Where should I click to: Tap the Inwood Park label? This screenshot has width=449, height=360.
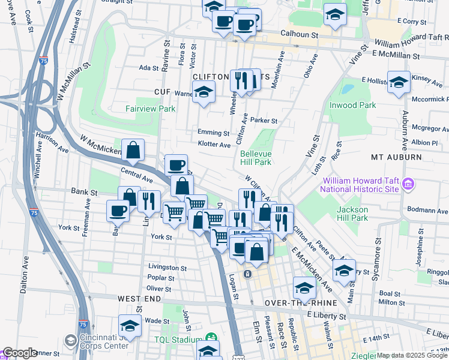click(x=353, y=105)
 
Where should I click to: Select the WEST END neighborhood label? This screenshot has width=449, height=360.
click(x=139, y=298)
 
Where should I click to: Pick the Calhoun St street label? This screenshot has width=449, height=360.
click(x=298, y=35)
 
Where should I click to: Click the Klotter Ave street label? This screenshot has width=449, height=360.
click(x=214, y=145)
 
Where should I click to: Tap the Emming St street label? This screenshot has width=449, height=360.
click(x=213, y=133)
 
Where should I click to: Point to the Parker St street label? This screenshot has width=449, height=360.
click(x=264, y=121)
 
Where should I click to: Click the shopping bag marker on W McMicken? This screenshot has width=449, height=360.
click(x=133, y=151)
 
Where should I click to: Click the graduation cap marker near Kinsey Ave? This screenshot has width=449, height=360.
click(x=399, y=83)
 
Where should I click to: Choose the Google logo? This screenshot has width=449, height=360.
click(x=19, y=353)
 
